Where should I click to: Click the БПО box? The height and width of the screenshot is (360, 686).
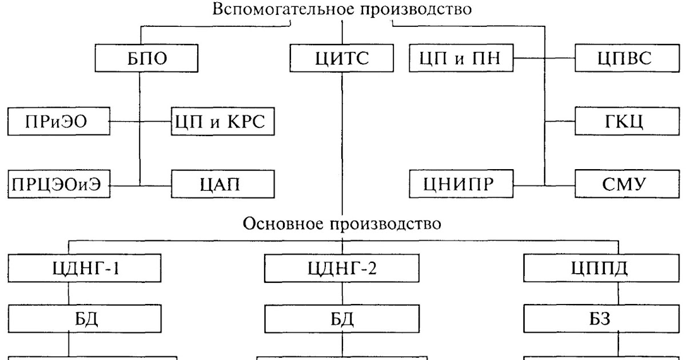coord(146,58)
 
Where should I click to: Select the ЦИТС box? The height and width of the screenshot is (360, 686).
coord(342,58)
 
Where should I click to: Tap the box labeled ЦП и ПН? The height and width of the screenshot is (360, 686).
coord(461,58)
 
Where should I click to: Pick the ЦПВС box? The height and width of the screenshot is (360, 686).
coord(627,58)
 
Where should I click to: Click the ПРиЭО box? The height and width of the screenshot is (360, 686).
coord(59,121)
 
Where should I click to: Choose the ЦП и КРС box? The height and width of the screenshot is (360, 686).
coord(223,121)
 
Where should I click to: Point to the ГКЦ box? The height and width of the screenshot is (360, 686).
coord(627,121)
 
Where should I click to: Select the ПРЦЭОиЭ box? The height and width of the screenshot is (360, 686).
coord(59,184)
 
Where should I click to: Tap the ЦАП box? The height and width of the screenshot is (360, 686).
coord(223,184)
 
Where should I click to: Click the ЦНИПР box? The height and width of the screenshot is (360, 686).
coord(461,183)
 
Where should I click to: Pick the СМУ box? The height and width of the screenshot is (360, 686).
coord(627,183)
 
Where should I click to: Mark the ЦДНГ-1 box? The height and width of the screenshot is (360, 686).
coord(85,268)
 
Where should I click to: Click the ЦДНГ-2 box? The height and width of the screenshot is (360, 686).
coord(342,268)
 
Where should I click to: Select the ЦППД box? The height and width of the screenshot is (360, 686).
coord(601,268)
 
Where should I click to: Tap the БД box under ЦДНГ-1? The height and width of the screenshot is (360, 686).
coord(85,319)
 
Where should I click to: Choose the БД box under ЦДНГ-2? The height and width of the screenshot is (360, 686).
coord(342,319)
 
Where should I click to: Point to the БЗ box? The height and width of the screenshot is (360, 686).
coord(601,319)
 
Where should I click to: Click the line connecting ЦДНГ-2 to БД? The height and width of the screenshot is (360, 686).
coord(342,293)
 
